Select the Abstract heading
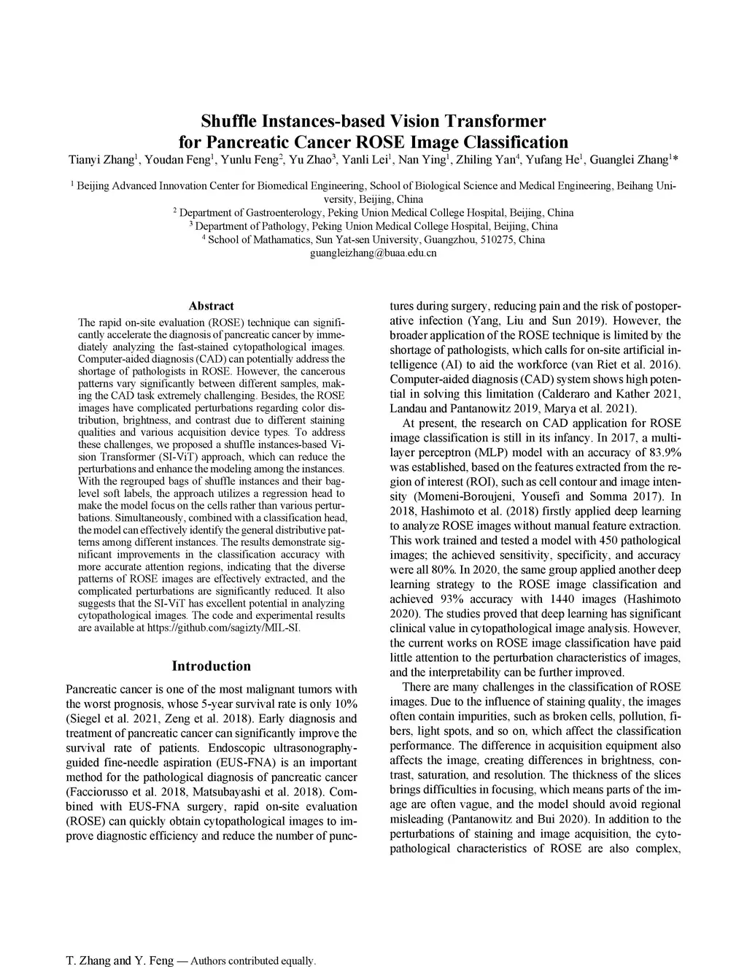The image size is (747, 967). coord(211,306)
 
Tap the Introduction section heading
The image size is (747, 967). coord(211,666)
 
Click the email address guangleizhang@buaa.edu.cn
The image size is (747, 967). coord(373,253)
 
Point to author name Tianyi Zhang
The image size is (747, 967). coord(103,160)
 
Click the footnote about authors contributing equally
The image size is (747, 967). coord(191,960)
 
